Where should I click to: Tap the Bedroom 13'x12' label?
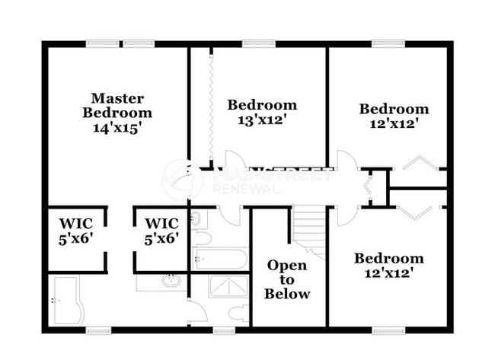pyautogui.click(x=261, y=112)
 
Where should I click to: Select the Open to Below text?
pyautogui.click(x=287, y=279)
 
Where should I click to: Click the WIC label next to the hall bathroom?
pyautogui.click(x=161, y=231)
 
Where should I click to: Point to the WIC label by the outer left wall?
pyautogui.click(x=75, y=231)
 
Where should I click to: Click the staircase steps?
pyautogui.click(x=309, y=226)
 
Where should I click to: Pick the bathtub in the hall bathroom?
pyautogui.click(x=220, y=259)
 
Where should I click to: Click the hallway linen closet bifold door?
pyautogui.click(x=369, y=187)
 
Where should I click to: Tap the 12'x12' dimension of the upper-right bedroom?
pyautogui.click(x=394, y=123)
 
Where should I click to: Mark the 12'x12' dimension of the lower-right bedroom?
pyautogui.click(x=388, y=273)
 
